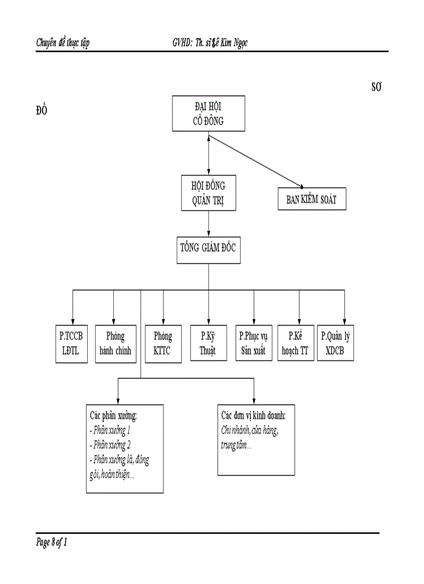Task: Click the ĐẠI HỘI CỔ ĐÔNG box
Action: tap(208, 114)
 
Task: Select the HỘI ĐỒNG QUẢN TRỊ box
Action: tap(208, 193)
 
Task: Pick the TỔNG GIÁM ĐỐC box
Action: tap(208, 248)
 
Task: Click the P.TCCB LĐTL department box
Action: tap(72, 343)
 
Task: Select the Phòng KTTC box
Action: tap(163, 343)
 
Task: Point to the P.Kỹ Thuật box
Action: tap(208, 343)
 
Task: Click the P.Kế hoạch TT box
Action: tap(295, 343)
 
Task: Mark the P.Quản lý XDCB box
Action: tap(336, 343)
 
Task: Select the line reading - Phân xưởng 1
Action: tap(110, 431)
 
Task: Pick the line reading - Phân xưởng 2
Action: tap(110, 445)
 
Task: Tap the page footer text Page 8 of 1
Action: tap(52, 543)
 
